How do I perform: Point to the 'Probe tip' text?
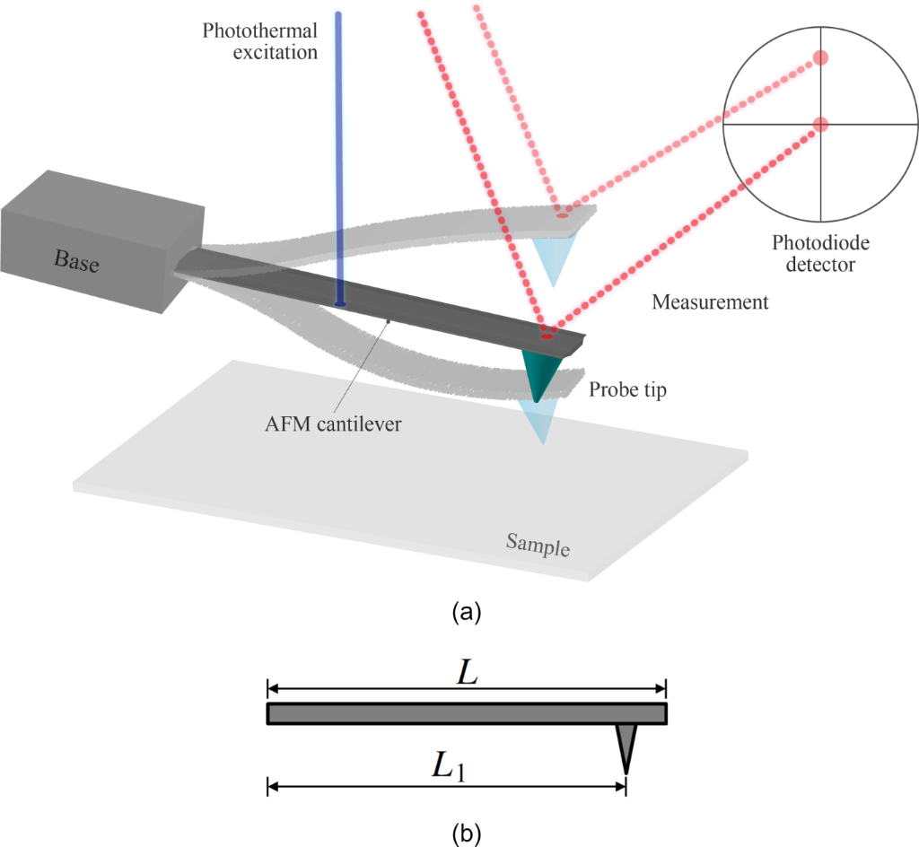628,392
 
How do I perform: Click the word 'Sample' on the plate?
538,545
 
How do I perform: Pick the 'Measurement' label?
710,302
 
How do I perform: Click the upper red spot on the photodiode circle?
819,58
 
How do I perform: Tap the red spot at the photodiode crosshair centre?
820,124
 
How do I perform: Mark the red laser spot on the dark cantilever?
547,336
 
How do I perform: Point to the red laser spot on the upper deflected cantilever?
562,215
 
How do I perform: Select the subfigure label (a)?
468,613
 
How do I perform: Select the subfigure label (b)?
468,834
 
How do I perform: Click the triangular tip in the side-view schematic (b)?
626,747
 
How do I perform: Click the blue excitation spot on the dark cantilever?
339,304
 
